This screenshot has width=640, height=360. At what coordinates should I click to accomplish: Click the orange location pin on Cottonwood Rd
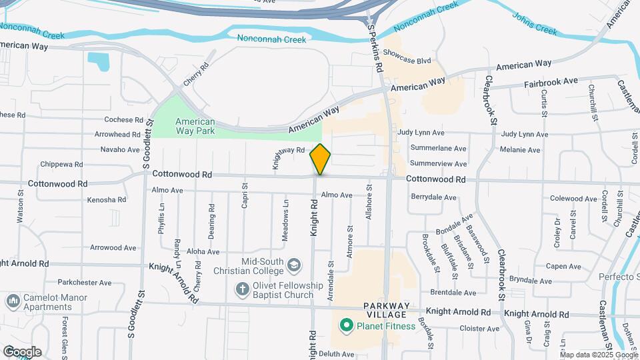coord(321,159)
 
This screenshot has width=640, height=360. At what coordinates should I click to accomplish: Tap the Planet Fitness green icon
coord(345,326)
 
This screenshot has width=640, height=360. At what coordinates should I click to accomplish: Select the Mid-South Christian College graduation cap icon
coord(293,266)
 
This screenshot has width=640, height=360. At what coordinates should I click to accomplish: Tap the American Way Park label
coord(195,126)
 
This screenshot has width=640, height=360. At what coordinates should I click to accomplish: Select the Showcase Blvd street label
coord(407,61)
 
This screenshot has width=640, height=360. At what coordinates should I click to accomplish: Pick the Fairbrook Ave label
coord(550,81)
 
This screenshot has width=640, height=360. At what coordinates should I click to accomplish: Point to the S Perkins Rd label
coord(376,49)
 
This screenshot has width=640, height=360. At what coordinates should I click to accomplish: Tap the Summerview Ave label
coord(437,163)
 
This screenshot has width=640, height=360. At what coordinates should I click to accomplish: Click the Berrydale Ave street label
coord(433,197)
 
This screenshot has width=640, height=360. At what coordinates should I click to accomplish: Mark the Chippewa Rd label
coord(61,164)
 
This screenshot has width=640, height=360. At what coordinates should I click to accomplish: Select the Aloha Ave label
coord(203,251)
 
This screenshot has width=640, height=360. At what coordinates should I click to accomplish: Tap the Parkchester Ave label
coord(85,283)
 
